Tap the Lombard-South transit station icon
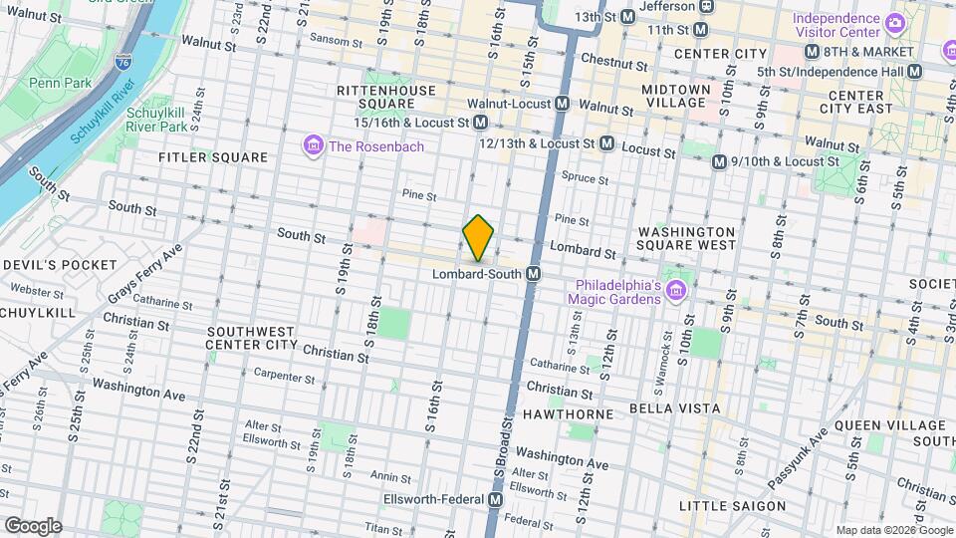pyautogui.click(x=534, y=274)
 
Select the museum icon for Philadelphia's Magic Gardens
pyautogui.click(x=677, y=290)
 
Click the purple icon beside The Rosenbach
pyautogui.click(x=314, y=146)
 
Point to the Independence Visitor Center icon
pyautogui.click(x=894, y=21)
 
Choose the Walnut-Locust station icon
pyautogui.click(x=563, y=103)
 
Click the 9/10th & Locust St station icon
pyautogui.click(x=719, y=161)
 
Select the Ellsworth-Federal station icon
pyautogui.click(x=495, y=498)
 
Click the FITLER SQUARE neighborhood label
pyautogui.click(x=213, y=157)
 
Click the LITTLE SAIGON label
pyautogui.click(x=732, y=506)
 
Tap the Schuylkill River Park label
pyautogui.click(x=157, y=120)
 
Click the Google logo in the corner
pyautogui.click(x=33, y=525)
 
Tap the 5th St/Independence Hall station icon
pyautogui.click(x=914, y=72)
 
